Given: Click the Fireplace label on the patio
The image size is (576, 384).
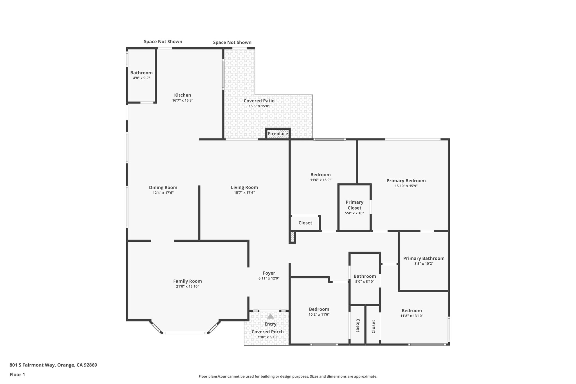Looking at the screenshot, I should [278, 134].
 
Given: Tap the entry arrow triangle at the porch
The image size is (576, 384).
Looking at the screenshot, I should [270, 316].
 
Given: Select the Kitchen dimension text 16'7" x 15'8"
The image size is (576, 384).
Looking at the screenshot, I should [183, 100].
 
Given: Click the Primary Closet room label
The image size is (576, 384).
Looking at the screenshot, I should [354, 205].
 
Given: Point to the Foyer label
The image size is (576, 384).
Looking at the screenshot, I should [269, 273].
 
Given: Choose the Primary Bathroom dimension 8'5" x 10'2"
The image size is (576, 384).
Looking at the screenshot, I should [424, 264].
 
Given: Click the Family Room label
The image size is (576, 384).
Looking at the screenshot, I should [187, 281].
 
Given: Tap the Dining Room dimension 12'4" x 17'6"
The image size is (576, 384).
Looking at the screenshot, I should [163, 193].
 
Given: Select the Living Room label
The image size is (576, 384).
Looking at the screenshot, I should [244, 187].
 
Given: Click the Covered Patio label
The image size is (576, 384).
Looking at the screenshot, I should [259, 101].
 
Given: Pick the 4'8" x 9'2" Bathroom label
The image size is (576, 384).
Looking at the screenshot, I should [141, 73].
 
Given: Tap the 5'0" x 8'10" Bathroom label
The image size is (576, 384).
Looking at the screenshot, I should [364, 276].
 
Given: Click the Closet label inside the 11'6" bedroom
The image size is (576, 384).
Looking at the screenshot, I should [305, 223].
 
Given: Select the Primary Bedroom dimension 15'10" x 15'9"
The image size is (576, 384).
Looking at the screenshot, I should [406, 186].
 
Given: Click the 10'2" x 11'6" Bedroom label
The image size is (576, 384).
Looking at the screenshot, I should [319, 309].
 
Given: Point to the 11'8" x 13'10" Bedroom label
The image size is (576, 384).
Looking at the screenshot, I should [411, 311].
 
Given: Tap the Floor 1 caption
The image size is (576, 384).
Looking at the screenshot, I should [17, 374].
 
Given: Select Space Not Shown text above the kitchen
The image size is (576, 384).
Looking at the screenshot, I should [163, 42].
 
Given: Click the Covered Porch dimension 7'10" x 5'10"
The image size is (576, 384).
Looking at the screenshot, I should [267, 337].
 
